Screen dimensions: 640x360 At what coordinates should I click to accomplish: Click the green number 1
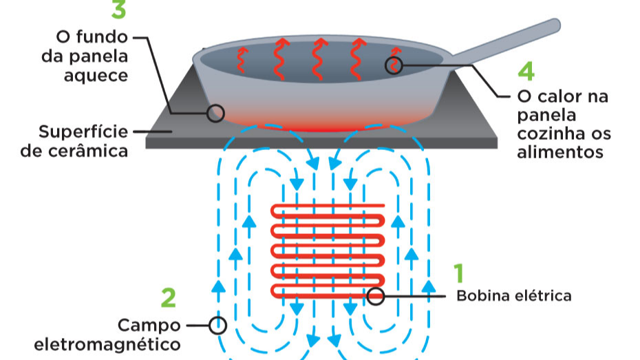(459, 273)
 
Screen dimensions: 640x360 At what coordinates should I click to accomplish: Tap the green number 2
(169, 298)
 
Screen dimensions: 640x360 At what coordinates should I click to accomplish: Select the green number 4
(526, 72)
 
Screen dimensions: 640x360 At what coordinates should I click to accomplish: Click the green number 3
(119, 10)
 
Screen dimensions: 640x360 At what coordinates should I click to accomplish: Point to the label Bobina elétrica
(514, 296)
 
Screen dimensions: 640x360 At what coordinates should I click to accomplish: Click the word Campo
(149, 326)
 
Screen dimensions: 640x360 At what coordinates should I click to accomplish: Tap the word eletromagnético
(107, 345)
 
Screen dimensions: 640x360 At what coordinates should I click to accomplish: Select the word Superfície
(83, 132)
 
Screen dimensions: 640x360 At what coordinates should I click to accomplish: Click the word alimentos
(560, 152)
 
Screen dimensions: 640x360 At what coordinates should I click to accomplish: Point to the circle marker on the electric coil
(376, 296)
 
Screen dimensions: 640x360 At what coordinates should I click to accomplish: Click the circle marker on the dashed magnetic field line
(218, 326)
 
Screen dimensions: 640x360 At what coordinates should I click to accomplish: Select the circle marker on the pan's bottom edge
(215, 113)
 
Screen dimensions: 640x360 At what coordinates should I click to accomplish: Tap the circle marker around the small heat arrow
(394, 65)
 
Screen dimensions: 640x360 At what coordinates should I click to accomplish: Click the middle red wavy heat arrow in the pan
(319, 59)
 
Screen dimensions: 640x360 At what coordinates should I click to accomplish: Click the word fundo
(102, 36)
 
